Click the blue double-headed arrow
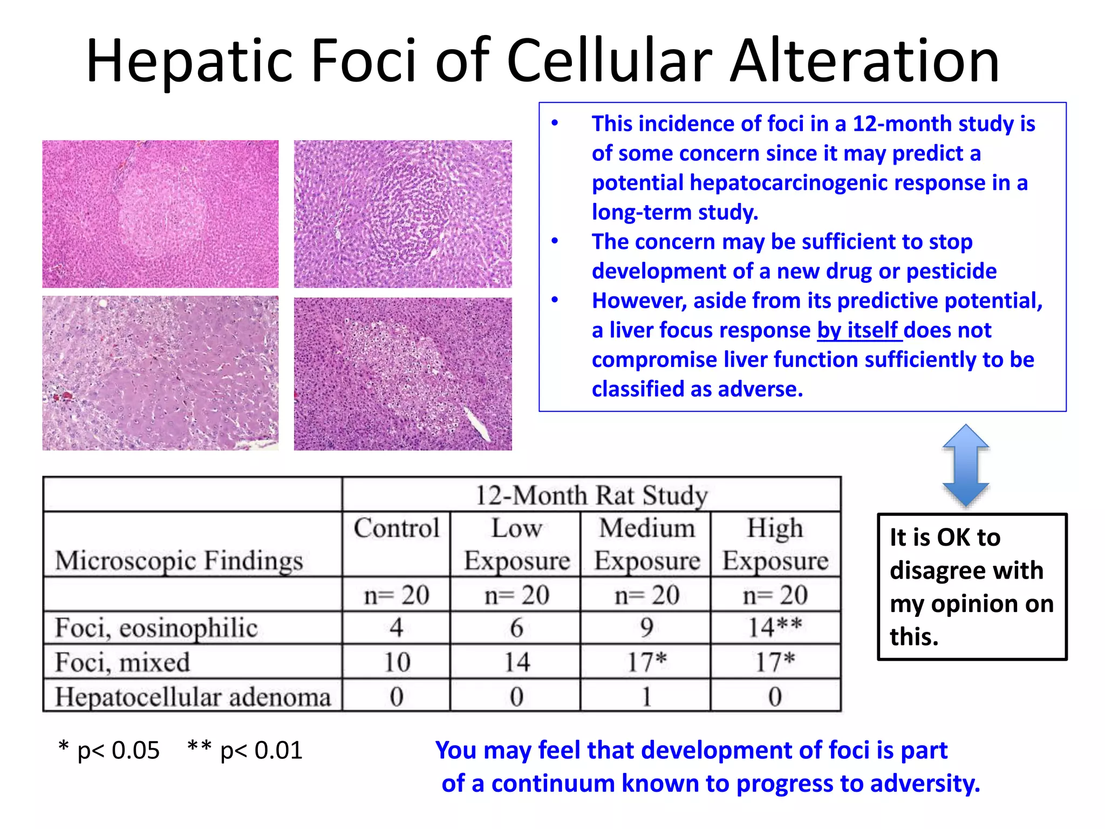(x=965, y=465)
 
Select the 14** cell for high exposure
(x=775, y=628)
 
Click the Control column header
(x=397, y=528)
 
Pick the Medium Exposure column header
(x=646, y=543)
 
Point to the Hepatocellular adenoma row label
(x=193, y=696)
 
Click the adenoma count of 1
(x=646, y=696)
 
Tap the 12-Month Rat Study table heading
(x=591, y=495)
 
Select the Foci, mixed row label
(x=122, y=662)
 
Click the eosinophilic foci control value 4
(x=397, y=628)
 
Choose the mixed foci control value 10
(x=397, y=662)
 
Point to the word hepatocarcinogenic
(x=793, y=183)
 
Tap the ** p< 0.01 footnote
(x=245, y=750)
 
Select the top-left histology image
(x=160, y=214)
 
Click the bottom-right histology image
(x=403, y=373)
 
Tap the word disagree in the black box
(x=966, y=570)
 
